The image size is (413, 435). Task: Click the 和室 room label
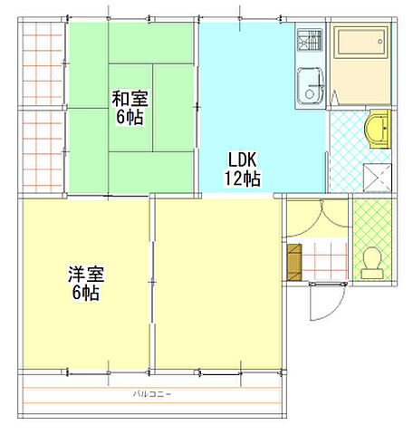point(130,98)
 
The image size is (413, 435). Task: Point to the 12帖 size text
point(243,179)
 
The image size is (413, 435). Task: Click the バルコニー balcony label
point(152,394)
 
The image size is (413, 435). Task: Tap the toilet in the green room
point(370,263)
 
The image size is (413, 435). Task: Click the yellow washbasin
point(379,128)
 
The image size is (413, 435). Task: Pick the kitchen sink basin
point(309,86)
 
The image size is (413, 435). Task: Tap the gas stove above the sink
point(310,40)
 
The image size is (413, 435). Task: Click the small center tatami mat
point(131,108)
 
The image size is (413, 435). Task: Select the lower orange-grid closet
point(42,151)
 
